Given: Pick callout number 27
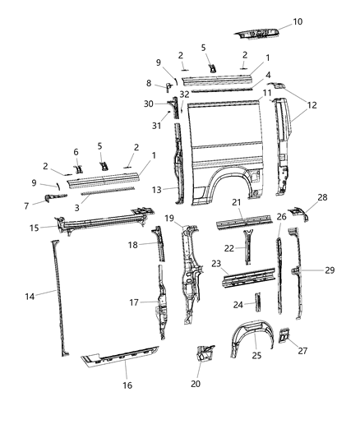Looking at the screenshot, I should [x=304, y=351].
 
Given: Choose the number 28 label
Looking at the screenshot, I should [x=321, y=220].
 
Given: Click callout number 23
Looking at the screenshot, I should [x=216, y=265].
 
